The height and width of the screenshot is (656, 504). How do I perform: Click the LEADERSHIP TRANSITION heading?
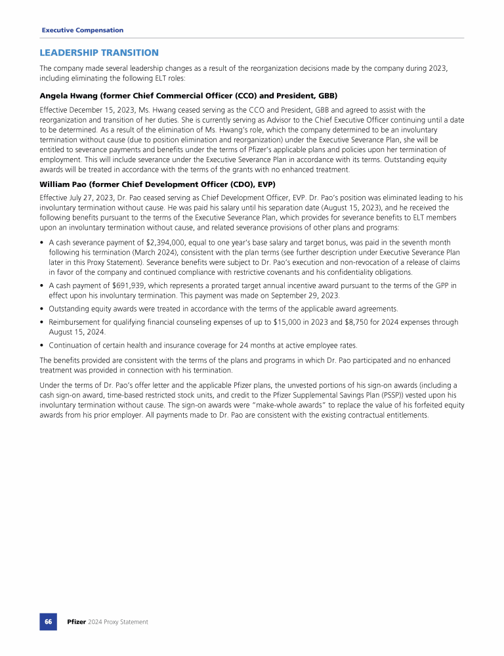coord(99,52)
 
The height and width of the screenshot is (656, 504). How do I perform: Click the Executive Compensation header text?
coord(82,30)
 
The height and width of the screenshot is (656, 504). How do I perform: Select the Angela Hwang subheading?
coord(188,96)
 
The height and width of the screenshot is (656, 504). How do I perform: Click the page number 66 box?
coord(48,621)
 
